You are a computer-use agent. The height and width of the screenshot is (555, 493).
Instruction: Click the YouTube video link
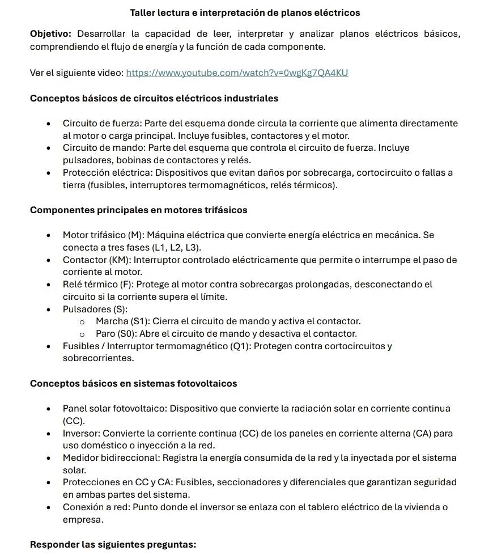pos(236,73)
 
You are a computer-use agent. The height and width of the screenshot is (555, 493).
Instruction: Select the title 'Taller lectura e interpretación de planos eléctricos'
pos(245,12)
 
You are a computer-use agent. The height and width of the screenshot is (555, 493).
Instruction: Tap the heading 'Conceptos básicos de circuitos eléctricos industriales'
pos(154,98)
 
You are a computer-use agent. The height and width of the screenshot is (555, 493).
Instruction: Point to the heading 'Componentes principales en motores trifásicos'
pos(138,210)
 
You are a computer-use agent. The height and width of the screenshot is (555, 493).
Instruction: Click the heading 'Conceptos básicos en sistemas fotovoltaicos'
pos(133,383)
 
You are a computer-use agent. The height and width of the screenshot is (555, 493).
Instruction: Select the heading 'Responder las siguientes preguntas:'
pos(113,545)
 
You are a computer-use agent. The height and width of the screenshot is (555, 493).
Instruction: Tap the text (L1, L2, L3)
pos(176,247)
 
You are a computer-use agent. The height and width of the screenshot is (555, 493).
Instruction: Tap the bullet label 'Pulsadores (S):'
pos(95,309)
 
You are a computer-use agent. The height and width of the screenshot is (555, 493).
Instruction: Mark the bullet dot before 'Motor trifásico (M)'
pos(51,235)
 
